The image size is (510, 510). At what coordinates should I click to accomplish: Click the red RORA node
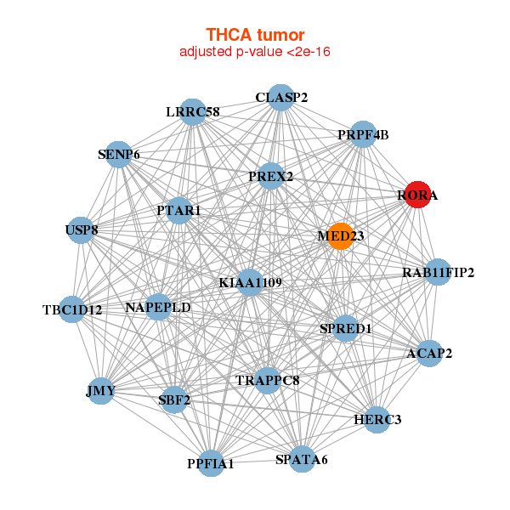coord(417,195)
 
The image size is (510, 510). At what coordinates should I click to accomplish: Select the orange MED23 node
coord(341,236)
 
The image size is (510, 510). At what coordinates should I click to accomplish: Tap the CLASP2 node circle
coord(280,98)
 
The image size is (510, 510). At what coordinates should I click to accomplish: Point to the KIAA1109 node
coord(250,283)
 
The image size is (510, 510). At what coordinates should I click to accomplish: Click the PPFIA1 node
coord(211,463)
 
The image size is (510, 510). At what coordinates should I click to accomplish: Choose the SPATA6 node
coord(302,459)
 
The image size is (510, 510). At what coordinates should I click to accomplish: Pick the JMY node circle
coord(101,391)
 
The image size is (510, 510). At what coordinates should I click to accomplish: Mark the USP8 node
coord(81,230)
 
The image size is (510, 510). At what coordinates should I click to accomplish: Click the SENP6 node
coord(119,155)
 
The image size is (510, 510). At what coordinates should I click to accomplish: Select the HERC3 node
coord(377,420)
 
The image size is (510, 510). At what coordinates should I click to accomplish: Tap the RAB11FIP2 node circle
coord(438,272)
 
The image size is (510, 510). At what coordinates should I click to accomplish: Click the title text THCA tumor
coord(255,35)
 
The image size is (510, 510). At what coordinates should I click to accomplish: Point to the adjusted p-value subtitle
coord(255,52)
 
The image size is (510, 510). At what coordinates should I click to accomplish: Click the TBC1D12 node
coord(72,309)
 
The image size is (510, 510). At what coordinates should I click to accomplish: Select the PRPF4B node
coord(363,134)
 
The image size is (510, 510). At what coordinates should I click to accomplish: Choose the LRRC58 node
coord(193,112)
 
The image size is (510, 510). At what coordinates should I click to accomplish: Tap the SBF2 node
coord(174,400)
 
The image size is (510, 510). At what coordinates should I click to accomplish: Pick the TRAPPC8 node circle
coord(268,381)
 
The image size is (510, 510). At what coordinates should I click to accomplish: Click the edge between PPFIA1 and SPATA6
coord(257,462)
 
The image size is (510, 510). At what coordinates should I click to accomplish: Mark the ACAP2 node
coord(429,354)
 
